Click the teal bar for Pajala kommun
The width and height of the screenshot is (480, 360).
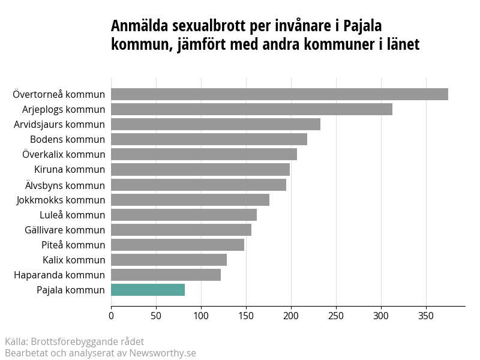click(148, 290)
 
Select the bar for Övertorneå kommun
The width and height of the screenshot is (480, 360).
click(280, 94)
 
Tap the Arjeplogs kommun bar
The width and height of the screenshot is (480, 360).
click(251, 109)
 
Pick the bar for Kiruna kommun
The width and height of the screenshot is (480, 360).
click(200, 169)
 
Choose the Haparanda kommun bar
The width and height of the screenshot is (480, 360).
click(166, 275)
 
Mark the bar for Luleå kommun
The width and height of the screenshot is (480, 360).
click(184, 215)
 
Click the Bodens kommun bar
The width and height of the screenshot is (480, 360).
click(209, 139)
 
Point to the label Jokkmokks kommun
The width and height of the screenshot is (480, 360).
click(61, 200)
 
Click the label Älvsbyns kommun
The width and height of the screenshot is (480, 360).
click(65, 185)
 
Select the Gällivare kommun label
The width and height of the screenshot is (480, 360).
click(65, 230)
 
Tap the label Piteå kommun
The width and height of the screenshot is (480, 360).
click(73, 245)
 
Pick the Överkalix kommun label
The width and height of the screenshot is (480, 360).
click(64, 154)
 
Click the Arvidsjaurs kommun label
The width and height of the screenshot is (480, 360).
click(59, 125)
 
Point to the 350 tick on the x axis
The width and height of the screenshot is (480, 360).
click(426, 316)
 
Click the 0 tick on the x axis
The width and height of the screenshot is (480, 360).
click(111, 316)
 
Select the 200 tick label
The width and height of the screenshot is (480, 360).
click(291, 316)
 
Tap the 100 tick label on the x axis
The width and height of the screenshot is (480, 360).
click(201, 316)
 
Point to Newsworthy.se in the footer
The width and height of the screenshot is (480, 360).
click(163, 353)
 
